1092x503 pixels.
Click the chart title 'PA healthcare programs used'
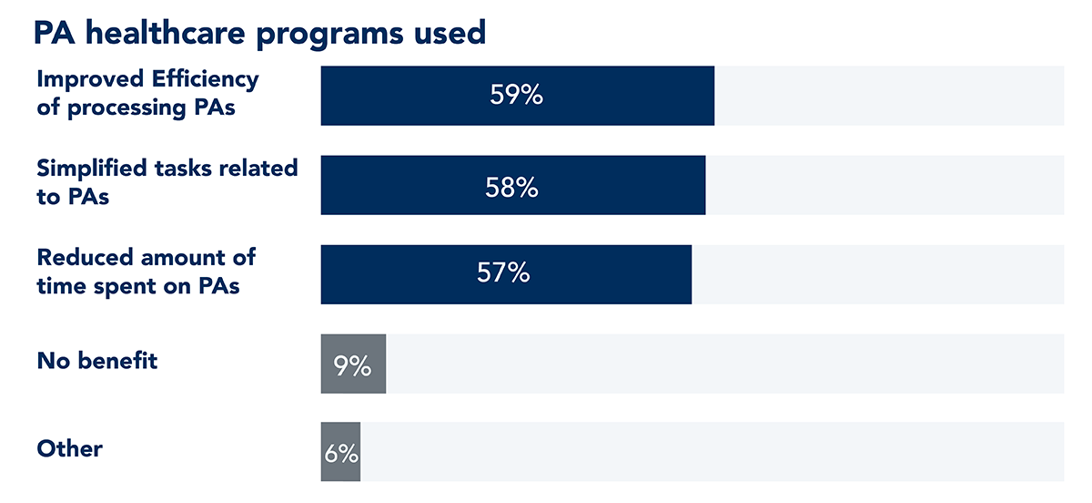[259, 33]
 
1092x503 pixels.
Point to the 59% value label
[516, 96]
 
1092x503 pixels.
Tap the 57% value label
[503, 274]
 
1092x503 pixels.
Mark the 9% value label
[353, 365]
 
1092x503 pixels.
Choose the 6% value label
[341, 454]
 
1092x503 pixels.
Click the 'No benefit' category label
[97, 361]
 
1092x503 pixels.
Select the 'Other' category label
[70, 449]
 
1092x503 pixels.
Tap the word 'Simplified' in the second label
[91, 169]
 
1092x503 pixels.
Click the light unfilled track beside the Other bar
[710, 453]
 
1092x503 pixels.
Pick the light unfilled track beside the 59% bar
[887, 96]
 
